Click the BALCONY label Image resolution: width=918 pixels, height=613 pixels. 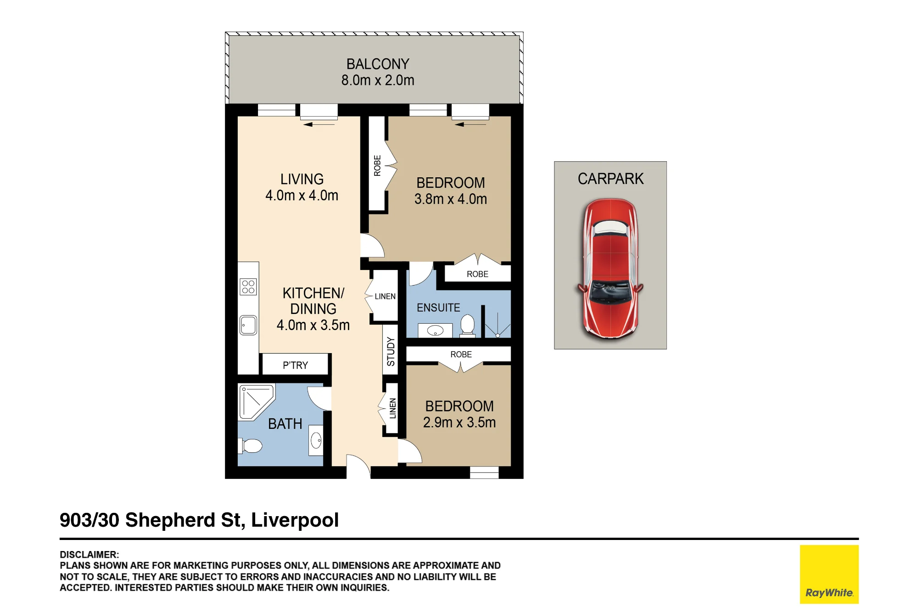tap(378, 64)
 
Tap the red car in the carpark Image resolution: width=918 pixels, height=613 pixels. tap(610, 269)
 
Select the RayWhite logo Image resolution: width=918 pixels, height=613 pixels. tap(829, 574)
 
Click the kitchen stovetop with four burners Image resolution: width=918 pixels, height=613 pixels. tap(248, 287)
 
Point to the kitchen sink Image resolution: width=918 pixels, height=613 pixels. tap(248, 325)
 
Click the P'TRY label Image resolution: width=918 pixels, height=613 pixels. tap(295, 365)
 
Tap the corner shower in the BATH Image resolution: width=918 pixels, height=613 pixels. tap(257, 402)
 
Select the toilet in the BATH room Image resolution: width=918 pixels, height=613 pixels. tap(250, 445)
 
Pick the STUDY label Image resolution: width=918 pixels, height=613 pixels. tap(391, 351)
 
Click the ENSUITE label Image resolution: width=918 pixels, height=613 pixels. tap(438, 308)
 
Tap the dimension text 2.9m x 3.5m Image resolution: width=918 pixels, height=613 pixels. tap(459, 422)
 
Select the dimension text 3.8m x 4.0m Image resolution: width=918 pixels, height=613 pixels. tap(451, 199)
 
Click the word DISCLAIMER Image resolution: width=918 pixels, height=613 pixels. tap(89, 555)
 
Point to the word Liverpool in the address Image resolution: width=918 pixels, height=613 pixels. tap(295, 520)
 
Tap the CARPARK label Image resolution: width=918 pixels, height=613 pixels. tap(610, 179)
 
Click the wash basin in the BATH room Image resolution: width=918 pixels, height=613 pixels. tap(316, 441)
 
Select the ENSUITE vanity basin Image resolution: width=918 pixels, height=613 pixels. tap(435, 331)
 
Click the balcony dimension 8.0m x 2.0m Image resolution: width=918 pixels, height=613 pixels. tap(378, 80)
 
